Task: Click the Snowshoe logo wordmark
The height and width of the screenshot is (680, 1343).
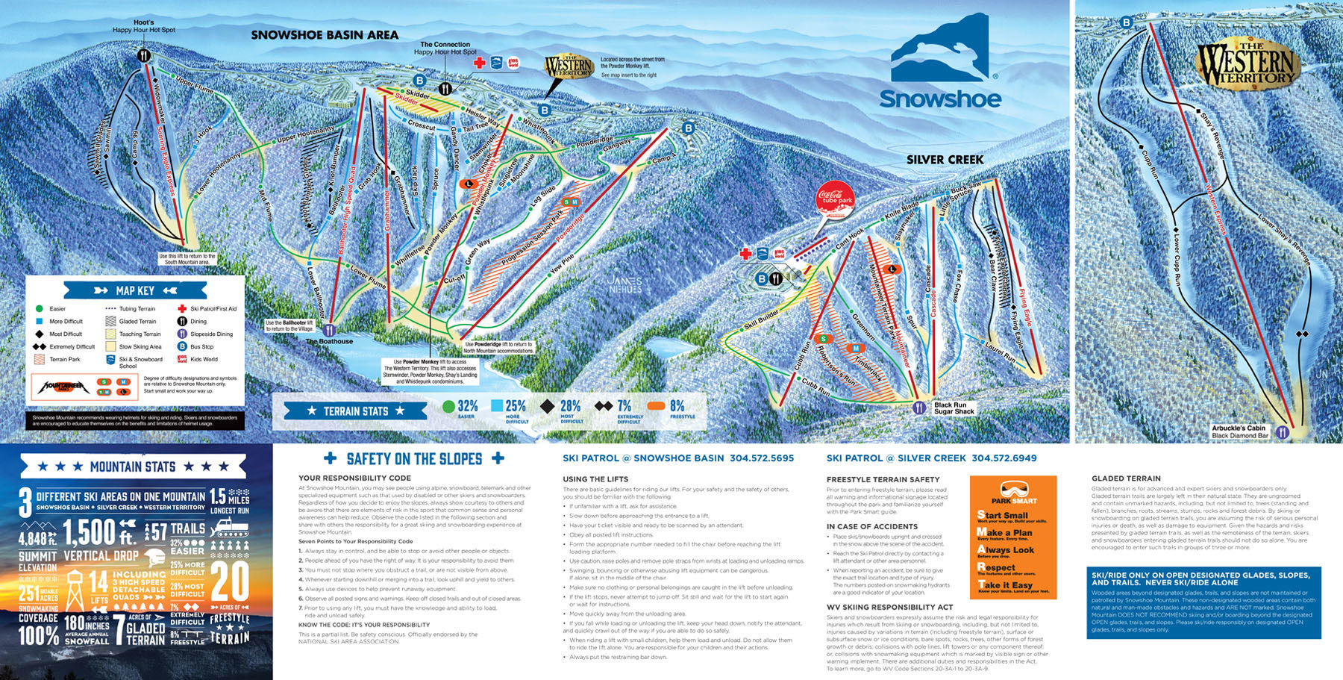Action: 940,99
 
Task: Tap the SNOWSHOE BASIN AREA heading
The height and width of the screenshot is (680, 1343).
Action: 325,35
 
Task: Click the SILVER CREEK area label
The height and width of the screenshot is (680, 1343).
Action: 945,160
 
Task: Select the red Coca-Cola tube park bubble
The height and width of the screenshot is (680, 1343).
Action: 836,198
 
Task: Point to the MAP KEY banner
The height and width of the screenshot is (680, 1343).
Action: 135,290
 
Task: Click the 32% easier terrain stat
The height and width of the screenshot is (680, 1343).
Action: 460,408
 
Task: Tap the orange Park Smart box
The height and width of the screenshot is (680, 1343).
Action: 1013,537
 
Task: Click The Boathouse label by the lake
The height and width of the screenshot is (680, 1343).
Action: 330,342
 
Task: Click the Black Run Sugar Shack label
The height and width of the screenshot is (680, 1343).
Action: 954,408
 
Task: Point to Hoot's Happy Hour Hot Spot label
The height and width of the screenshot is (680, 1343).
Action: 144,27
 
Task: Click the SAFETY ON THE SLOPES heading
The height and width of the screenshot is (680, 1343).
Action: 414,458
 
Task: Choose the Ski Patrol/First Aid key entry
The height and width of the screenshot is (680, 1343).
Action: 213,308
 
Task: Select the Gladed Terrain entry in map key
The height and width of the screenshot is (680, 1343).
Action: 137,322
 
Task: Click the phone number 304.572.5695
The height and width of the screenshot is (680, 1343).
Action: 762,458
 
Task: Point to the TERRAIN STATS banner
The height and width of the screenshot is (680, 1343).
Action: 355,411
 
